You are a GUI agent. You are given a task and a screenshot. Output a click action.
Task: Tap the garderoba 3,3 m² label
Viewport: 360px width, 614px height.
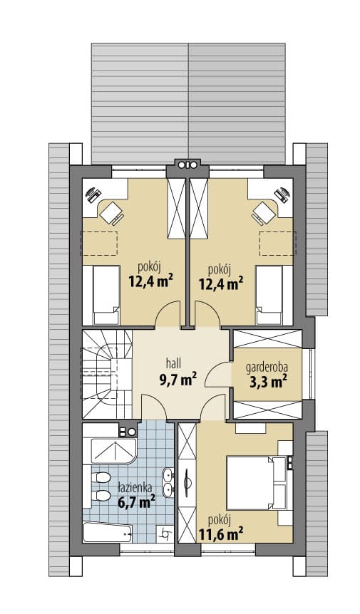(267, 374)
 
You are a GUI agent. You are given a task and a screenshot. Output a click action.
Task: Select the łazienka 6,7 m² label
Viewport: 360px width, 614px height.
(136, 495)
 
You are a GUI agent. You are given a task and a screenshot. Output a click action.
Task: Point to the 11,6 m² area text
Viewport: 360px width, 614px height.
(221, 534)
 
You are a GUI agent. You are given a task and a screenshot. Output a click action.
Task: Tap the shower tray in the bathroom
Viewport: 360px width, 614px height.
(113, 451)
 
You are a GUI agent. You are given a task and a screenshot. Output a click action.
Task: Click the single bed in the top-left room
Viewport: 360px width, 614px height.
(106, 296)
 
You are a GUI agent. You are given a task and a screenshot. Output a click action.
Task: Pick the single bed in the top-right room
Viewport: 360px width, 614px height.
(269, 296)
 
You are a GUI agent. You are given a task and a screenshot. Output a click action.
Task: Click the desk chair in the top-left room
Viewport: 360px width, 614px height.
(112, 214)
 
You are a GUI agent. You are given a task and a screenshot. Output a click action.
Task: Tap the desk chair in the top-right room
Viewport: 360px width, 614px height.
(264, 214)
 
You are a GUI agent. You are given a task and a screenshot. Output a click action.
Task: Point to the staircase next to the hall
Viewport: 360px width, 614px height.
(107, 374)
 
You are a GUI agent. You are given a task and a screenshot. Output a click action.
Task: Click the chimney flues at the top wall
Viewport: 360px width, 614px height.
(187, 165)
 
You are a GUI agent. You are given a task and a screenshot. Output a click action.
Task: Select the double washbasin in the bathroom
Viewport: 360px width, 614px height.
(168, 482)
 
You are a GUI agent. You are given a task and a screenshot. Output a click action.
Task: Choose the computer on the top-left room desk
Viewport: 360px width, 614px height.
(93, 194)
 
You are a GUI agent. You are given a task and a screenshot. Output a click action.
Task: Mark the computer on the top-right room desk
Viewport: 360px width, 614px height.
(282, 194)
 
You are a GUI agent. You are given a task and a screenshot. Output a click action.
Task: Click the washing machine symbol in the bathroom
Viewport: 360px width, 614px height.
(165, 533)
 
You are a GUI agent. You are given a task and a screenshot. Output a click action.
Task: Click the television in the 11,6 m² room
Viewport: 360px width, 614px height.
(187, 483)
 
